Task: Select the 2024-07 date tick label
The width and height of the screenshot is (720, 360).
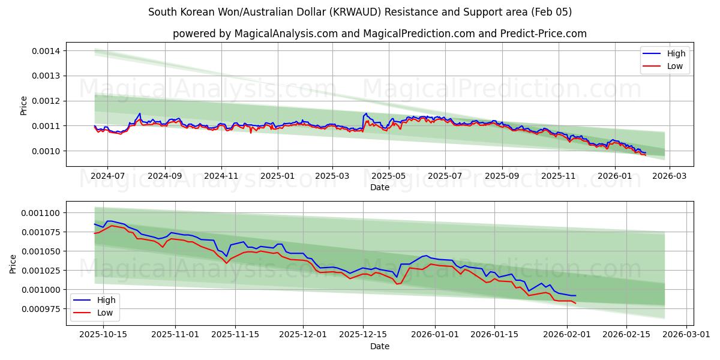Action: coord(107,176)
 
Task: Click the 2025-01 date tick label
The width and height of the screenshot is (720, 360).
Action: coord(277,176)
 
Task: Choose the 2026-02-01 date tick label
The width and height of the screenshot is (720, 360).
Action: coord(567,335)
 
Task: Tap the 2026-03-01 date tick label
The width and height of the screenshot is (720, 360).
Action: coord(686,335)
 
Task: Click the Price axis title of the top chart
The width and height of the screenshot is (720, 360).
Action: coord(24,106)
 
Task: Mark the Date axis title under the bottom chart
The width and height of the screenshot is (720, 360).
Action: coord(379,346)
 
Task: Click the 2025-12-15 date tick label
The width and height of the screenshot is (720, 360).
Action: coord(362,335)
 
